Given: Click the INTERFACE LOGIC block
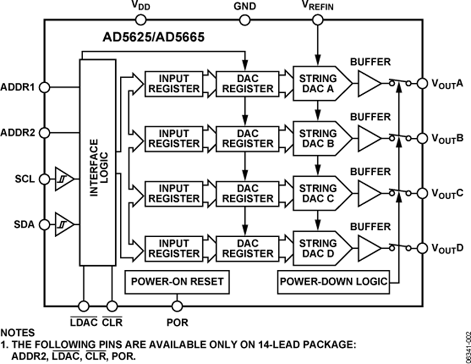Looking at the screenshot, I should coord(97,162).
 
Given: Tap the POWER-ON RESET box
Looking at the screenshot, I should coord(177,282).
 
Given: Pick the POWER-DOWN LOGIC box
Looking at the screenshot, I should coord(334,282).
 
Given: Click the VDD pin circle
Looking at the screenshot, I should coord(140,20).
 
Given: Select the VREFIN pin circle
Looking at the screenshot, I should coord(318,20).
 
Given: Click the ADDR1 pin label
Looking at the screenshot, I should coord(18,87).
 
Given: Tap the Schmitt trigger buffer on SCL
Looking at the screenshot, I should coord(62,179).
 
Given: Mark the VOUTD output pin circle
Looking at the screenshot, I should coord(422,248).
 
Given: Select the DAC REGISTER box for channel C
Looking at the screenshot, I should coord(248,193).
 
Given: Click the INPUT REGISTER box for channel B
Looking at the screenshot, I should coord(174,139).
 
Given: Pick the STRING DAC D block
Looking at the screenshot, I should coord(318,248).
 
